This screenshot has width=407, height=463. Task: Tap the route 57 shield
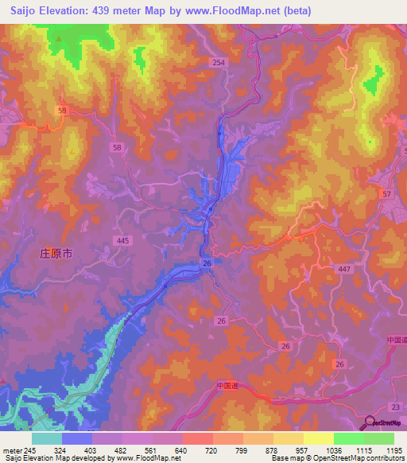387,194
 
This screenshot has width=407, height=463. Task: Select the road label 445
122,240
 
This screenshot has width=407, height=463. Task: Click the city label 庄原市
56,254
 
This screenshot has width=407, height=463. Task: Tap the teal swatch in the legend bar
47,438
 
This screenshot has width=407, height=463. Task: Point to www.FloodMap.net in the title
235,11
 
